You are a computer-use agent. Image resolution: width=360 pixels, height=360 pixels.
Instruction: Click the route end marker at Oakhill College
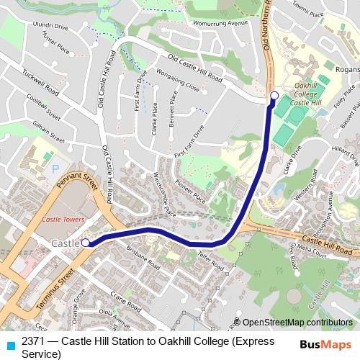click(x=274, y=96)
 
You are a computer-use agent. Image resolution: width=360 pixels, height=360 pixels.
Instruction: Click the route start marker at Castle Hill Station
click(x=85, y=243)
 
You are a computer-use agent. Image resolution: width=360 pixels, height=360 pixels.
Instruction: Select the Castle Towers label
click(x=63, y=219)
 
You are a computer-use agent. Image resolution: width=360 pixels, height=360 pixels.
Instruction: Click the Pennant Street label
click(x=78, y=186)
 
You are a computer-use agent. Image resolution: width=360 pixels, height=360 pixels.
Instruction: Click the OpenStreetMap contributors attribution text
click(x=297, y=323)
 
